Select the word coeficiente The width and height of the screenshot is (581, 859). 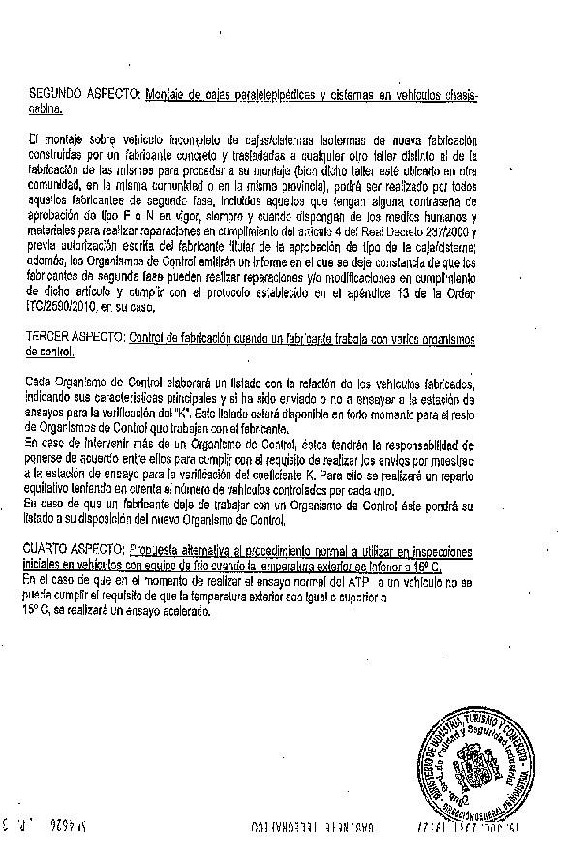290,476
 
